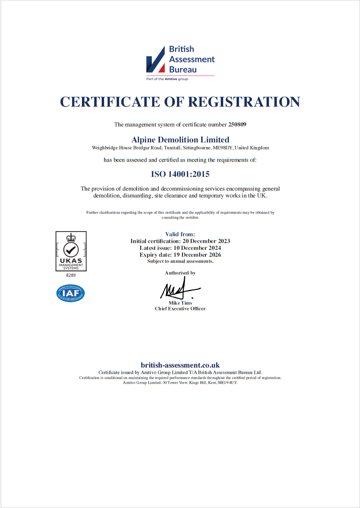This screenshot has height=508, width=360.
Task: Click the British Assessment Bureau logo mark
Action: pyautogui.click(x=156, y=60)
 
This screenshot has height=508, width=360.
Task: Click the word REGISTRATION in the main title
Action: pyautogui.click(x=244, y=102)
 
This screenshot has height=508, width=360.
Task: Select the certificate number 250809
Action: pyautogui.click(x=237, y=125)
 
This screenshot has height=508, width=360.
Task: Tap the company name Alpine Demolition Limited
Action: pyautogui.click(x=180, y=140)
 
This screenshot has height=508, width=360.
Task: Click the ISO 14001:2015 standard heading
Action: pyautogui.click(x=180, y=174)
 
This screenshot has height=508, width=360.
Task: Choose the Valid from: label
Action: pyautogui.click(x=180, y=234)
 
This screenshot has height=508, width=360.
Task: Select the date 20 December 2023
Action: pyautogui.click(x=207, y=241)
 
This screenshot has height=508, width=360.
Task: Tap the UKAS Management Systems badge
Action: pyautogui.click(x=71, y=251)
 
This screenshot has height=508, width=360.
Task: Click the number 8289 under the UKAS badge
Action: pyautogui.click(x=71, y=275)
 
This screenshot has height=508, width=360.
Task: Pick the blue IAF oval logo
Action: pyautogui.click(x=71, y=293)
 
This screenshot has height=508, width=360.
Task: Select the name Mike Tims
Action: pyautogui.click(x=180, y=303)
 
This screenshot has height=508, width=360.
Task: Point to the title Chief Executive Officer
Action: pyautogui.click(x=180, y=309)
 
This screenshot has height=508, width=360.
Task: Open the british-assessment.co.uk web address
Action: pyautogui.click(x=180, y=365)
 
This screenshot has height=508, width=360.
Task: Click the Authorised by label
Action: pyautogui.click(x=180, y=273)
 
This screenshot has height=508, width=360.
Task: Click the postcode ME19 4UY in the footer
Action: pyautogui.click(x=228, y=383)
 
